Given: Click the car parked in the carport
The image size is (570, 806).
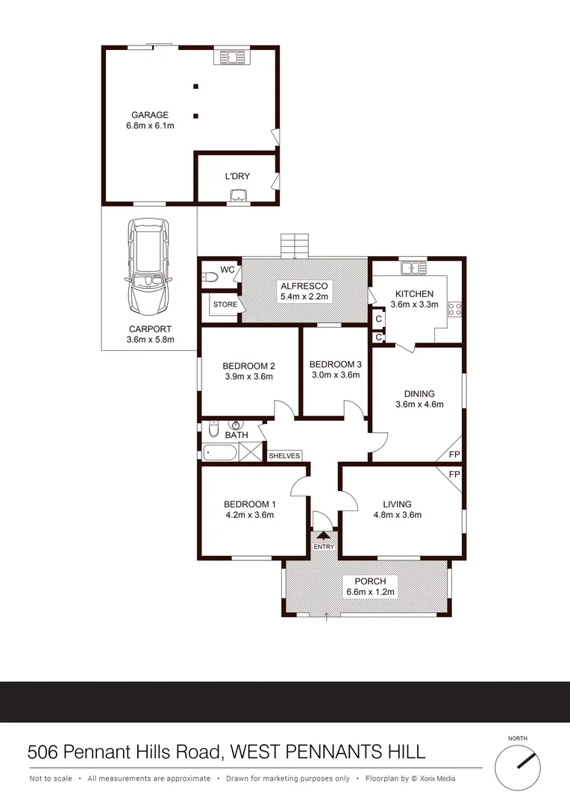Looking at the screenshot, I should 148,266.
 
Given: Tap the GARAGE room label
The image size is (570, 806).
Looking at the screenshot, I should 150,115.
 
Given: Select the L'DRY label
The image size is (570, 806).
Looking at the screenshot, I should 237,176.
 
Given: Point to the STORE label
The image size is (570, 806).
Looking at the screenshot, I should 225,304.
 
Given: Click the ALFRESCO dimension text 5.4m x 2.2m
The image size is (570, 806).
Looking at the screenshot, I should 304,297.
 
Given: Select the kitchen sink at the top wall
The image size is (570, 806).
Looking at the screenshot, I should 412,267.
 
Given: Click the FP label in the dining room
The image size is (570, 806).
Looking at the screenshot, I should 454,454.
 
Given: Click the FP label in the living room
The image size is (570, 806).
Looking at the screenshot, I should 454,474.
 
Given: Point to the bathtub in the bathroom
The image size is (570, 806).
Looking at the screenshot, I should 219,452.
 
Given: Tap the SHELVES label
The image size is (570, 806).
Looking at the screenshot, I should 284,455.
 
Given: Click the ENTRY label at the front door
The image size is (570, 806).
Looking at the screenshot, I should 325,547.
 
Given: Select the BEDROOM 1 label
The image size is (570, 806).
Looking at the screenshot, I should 249,502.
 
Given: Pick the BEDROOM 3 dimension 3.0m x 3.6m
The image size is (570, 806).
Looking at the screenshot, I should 336,375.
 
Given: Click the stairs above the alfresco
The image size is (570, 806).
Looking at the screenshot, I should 294,245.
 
